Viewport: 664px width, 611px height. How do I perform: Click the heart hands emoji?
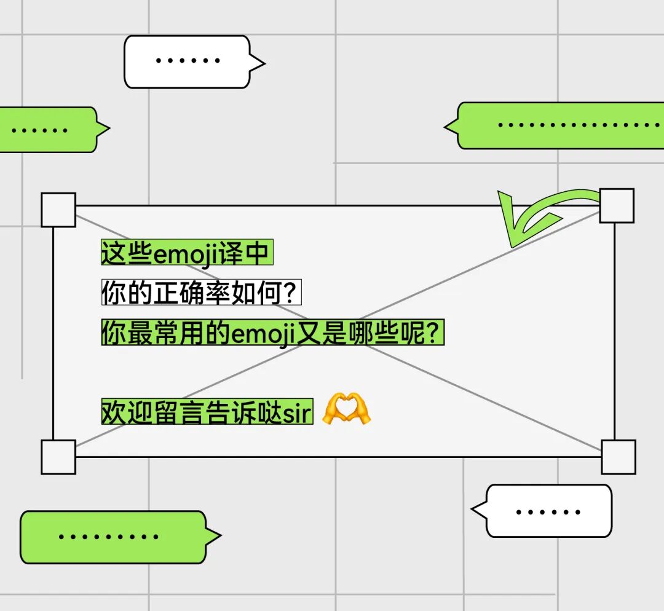(x=347, y=409)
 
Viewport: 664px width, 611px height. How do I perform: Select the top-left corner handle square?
(x=58, y=210)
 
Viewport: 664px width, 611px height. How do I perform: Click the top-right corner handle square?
(x=617, y=205)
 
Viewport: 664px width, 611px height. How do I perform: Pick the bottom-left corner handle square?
(x=58, y=457)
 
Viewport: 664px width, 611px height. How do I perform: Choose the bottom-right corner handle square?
(x=618, y=457)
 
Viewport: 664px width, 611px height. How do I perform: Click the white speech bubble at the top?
(x=188, y=61)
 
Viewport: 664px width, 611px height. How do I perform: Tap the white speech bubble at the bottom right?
(x=548, y=511)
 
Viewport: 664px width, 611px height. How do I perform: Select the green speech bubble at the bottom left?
(x=114, y=537)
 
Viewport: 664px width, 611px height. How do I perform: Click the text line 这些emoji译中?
(x=186, y=253)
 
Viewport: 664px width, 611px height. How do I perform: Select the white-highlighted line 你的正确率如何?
(x=201, y=294)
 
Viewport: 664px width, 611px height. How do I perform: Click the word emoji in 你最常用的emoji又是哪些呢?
(x=262, y=335)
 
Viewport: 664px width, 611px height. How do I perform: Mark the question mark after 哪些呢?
(x=435, y=335)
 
